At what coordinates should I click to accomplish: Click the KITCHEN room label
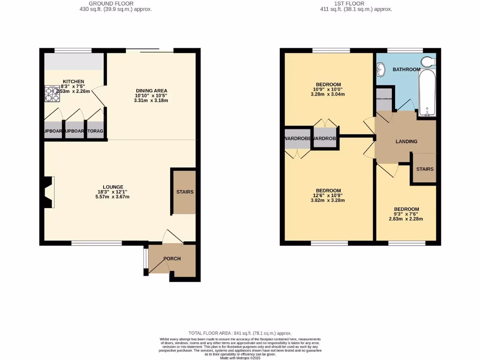(73, 81)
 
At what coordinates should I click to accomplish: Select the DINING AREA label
(151, 90)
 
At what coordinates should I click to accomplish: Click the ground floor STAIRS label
(185, 192)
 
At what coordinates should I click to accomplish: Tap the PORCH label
(172, 259)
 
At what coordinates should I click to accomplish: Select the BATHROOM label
(406, 69)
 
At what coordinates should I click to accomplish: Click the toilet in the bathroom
(428, 62)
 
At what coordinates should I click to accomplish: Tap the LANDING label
(406, 142)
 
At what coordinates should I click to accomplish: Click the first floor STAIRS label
(425, 169)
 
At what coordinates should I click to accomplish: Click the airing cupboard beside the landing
(384, 103)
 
